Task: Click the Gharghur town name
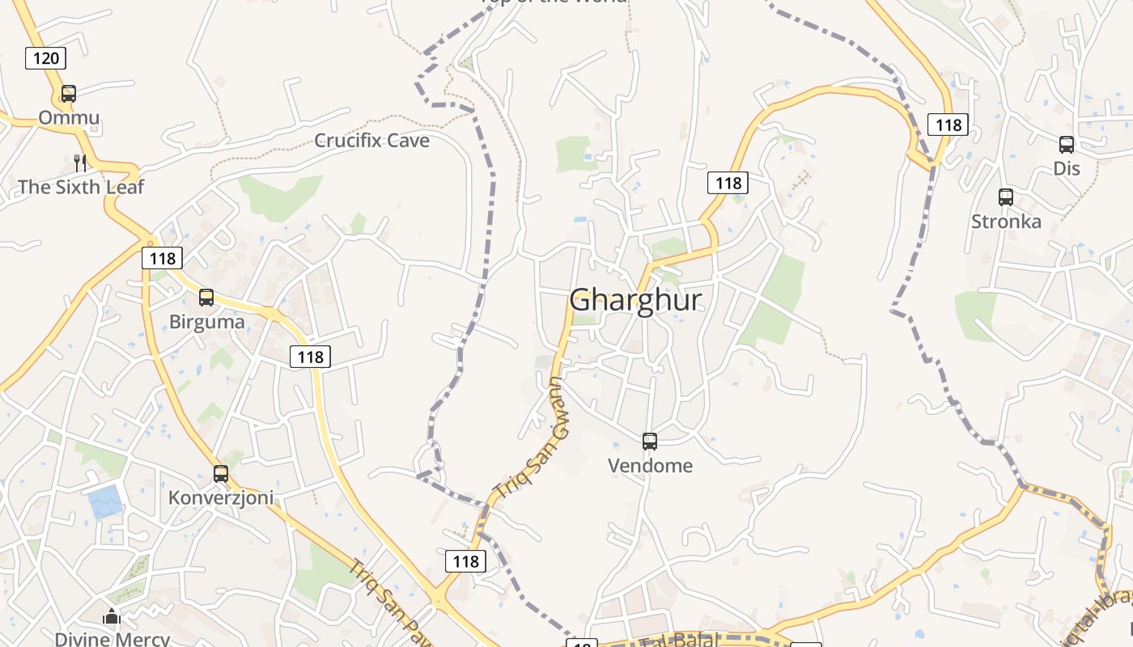point(635,300)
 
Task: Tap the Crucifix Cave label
point(371,141)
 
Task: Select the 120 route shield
point(45,57)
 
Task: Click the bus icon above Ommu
point(69,94)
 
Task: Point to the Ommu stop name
point(69,118)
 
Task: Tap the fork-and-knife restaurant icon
point(80,163)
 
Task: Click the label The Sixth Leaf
point(81,187)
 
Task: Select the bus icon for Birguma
point(206,298)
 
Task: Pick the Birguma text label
point(206,322)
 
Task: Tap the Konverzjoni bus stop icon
point(221,474)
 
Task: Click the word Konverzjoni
point(221,497)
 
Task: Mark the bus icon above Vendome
point(650,442)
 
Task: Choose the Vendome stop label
point(650,466)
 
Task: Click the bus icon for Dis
point(1067,145)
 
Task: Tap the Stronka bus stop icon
point(1006,197)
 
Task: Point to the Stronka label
point(1006,222)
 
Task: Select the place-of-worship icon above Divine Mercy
point(112,616)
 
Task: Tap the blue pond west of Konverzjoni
point(105,502)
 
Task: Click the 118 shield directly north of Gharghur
point(728,183)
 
